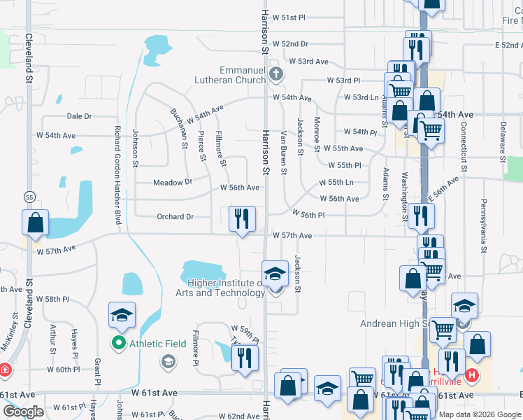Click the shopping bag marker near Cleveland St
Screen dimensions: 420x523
36,223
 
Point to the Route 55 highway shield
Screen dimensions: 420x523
29,197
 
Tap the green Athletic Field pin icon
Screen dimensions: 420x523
118,344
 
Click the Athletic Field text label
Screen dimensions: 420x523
157,344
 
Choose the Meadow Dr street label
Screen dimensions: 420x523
173,182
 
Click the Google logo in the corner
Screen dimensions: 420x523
23,412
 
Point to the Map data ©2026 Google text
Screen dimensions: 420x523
480,414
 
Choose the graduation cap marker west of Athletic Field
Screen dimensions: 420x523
122,316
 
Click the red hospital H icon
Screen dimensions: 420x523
472,375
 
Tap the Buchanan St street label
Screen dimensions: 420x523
180,128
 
